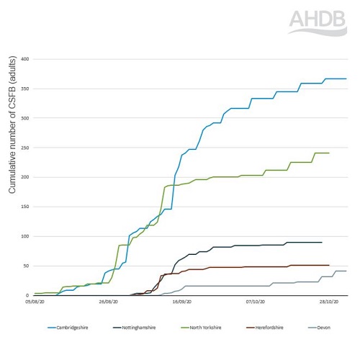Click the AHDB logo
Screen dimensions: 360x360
(318, 22)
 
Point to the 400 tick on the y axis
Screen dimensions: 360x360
(24, 59)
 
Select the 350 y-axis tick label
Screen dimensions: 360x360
(24, 89)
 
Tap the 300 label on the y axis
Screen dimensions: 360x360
(24, 118)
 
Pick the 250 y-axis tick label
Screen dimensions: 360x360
(24, 148)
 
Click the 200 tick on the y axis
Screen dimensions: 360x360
(24, 177)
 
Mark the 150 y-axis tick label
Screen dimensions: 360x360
(24, 207)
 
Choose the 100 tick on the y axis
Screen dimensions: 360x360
(24, 236)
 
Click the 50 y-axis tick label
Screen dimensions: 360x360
(26, 266)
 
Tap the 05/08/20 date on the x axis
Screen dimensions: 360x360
(34, 303)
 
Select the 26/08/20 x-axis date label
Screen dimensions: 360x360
(109, 303)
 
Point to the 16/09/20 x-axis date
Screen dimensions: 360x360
(183, 303)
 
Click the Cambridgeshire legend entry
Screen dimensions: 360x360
(71, 328)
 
